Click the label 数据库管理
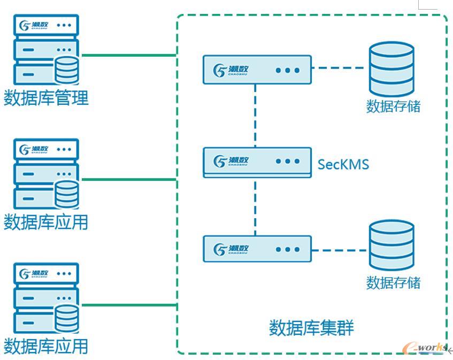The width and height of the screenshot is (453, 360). tap(46, 98)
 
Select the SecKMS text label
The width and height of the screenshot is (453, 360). tap(343, 164)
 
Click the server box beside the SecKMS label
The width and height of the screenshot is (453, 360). tap(257, 162)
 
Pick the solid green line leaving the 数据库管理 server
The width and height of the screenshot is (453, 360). tap(128, 55)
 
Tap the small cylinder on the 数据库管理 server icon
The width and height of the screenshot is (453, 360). tap(67, 69)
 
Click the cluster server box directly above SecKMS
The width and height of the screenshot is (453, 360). tap(257, 70)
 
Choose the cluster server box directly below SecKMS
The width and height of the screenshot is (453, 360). tap(257, 249)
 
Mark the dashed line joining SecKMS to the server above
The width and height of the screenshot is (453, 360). tap(255, 115)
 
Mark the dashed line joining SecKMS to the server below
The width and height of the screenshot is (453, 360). tap(255, 206)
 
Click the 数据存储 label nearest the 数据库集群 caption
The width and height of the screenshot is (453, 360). tap(393, 282)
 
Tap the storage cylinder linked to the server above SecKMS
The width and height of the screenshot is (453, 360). tap(391, 68)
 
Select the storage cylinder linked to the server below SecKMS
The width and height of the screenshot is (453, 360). tap(391, 244)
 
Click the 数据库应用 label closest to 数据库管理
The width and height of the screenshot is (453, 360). tap(46, 222)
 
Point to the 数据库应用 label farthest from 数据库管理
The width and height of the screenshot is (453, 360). tap(46, 346)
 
